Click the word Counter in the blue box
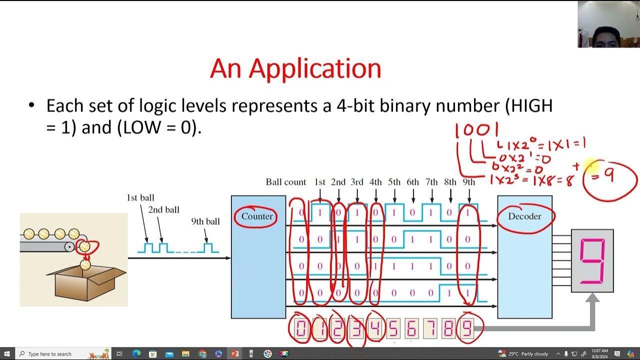tap(257, 216)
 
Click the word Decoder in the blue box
tap(524, 216)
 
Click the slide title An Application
tap(295, 68)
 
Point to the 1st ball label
tap(140, 198)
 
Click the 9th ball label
tap(205, 221)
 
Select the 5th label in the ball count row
tap(394, 182)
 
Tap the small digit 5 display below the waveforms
tap(393, 329)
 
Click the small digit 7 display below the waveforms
tap(430, 329)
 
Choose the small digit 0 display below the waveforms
tap(301, 329)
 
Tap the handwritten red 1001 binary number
tap(476, 131)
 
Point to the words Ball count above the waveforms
tap(285, 182)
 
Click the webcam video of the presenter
tap(608, 24)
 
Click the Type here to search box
tap(50, 354)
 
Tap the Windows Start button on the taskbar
tap(8, 354)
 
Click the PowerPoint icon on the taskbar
tap(234, 354)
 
